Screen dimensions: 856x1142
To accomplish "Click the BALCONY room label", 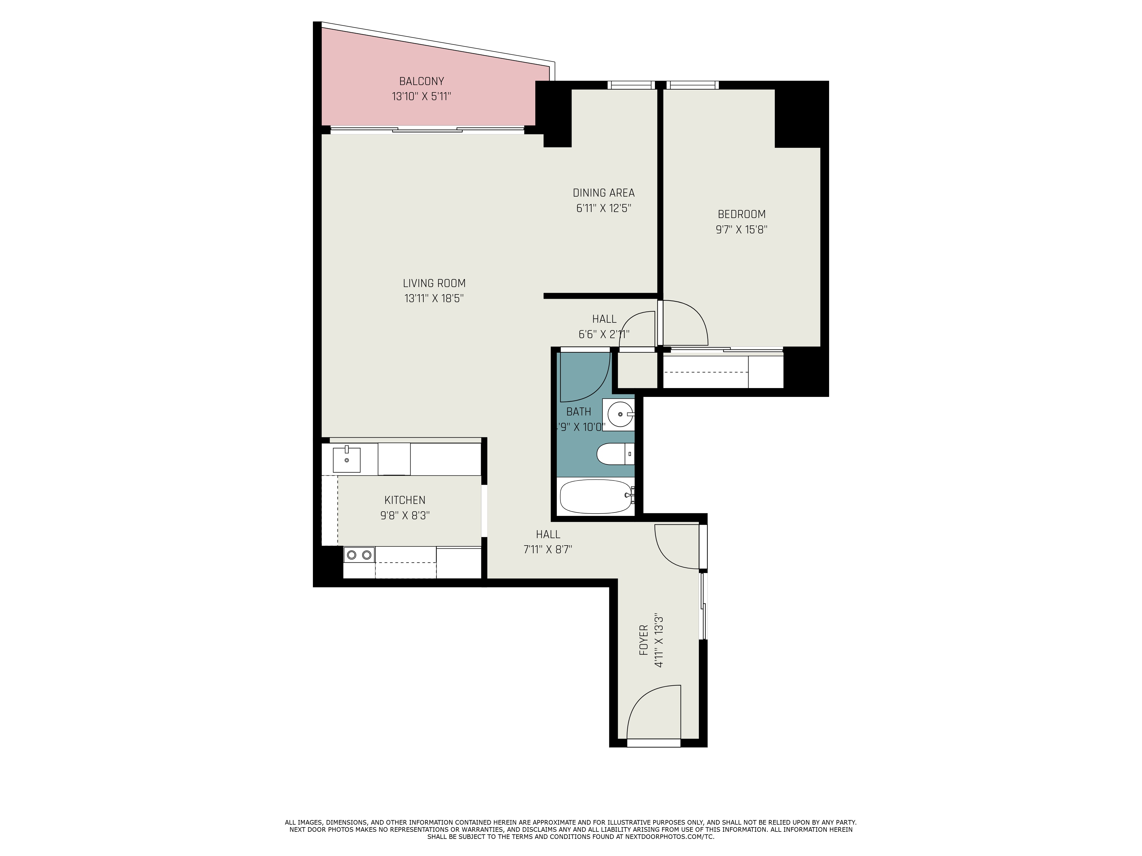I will pos(421,81).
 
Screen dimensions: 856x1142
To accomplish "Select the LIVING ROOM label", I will pos(434,283).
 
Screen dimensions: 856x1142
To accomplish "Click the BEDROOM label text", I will pos(741,214).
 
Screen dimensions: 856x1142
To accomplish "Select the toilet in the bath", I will pos(614,454).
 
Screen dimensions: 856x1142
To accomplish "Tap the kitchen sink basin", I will pos(346,460).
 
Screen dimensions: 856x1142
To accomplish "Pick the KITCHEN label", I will pos(405,500).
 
